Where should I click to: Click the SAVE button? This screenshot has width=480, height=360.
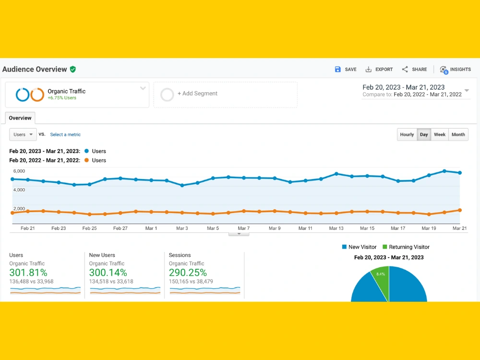[346, 70]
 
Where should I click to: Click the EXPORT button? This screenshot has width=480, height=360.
[379, 70]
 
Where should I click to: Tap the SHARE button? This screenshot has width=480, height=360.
[414, 70]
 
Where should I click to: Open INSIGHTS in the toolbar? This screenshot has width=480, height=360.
[455, 70]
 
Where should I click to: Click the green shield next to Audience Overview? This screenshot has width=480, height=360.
[73, 70]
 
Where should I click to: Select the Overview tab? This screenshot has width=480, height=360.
[20, 118]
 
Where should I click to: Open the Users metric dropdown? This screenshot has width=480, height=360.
[23, 134]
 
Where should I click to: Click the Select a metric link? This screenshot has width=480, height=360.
[65, 134]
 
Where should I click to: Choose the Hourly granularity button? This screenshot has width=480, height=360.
[407, 134]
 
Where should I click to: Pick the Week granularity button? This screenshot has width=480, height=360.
[440, 134]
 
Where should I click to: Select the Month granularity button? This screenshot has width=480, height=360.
[458, 134]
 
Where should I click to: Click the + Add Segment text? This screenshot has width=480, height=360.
[197, 94]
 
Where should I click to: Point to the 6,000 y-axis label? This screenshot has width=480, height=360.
[19, 171]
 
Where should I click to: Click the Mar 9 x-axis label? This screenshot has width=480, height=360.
[275, 228]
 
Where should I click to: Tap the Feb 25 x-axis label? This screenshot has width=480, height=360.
[89, 228]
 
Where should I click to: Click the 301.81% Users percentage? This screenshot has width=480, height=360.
[28, 273]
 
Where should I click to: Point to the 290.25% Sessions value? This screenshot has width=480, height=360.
[188, 273]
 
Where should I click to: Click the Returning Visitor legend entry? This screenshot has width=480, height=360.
[406, 247]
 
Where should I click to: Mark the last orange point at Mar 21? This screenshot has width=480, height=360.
[460, 210]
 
